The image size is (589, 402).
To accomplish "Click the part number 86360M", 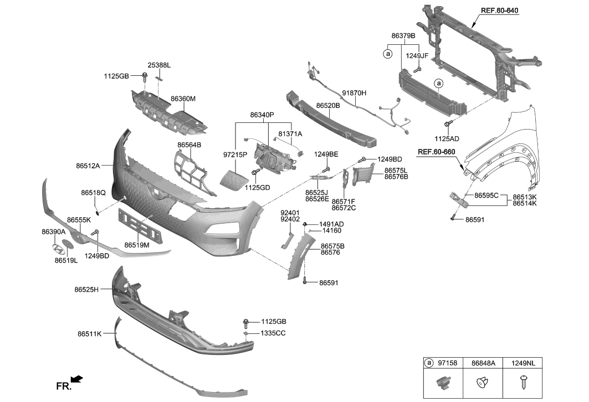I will click(183, 99).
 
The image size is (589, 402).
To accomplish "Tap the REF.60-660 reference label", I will click(436, 152).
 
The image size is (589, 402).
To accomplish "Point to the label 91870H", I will click(354, 93).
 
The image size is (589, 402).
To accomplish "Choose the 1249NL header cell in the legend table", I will click(524, 363).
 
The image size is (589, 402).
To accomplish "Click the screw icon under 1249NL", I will click(524, 383).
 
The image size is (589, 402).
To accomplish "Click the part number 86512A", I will click(88, 165).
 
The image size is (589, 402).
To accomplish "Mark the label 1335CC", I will click(273, 333).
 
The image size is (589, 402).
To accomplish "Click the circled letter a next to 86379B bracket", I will click(387, 54).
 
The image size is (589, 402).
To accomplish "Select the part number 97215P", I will click(235, 154).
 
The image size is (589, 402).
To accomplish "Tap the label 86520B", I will click(328, 105).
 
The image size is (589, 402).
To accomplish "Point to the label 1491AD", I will click(331, 224).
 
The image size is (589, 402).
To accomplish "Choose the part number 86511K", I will click(89, 334).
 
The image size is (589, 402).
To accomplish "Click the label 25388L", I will click(158, 65).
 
